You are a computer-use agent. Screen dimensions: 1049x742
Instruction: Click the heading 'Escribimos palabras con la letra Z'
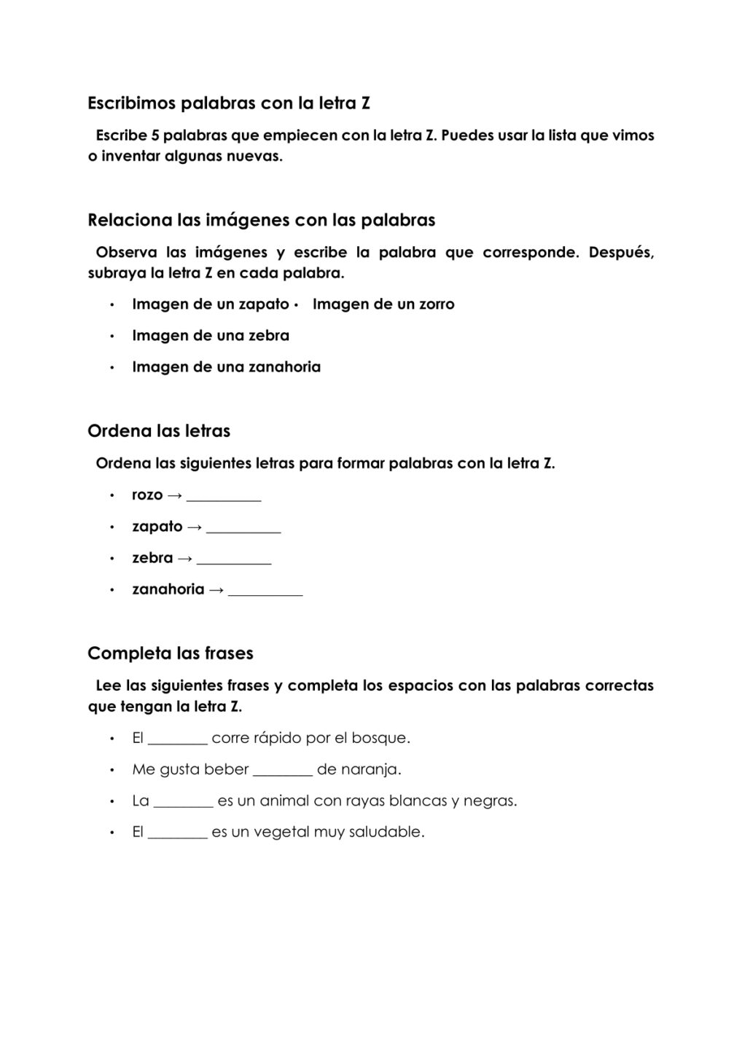click(x=228, y=103)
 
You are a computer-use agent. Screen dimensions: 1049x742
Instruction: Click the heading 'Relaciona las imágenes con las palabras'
click(x=261, y=220)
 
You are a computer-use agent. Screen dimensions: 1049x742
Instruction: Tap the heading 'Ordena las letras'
click(x=159, y=431)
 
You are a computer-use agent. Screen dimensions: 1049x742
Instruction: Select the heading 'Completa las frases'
click(x=171, y=653)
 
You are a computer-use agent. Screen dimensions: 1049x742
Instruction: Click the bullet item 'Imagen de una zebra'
click(x=210, y=336)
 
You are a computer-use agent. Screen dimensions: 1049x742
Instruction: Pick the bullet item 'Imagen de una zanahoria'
click(x=226, y=367)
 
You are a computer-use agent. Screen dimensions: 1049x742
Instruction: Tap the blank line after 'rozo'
click(x=224, y=498)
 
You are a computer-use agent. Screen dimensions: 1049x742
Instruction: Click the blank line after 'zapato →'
click(x=243, y=530)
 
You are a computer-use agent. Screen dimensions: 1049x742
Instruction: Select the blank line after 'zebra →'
click(x=234, y=561)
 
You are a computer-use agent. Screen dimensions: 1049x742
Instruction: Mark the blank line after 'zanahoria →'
click(x=265, y=592)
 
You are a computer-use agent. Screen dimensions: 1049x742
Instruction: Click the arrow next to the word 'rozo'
click(x=174, y=495)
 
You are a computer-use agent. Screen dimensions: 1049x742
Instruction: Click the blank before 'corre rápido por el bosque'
click(x=178, y=742)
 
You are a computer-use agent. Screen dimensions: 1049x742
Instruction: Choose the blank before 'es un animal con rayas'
click(x=184, y=804)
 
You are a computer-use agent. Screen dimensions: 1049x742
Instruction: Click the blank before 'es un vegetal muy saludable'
click(x=178, y=836)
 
